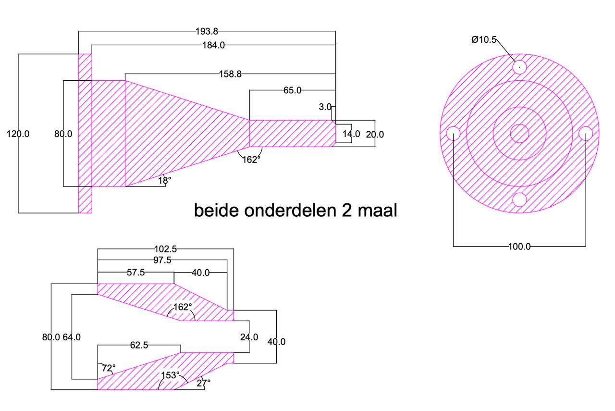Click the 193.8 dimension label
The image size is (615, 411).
tap(207, 32)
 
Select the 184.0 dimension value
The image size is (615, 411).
tap(213, 45)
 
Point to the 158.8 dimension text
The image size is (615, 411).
tap(230, 74)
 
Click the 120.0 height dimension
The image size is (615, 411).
tap(18, 134)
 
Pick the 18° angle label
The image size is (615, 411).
tap(164, 180)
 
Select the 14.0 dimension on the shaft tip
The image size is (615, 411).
tap(351, 134)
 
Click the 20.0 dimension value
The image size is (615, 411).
tap(375, 135)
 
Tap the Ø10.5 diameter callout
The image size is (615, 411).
tap(484, 40)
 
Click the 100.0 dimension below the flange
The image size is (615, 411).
tap(519, 247)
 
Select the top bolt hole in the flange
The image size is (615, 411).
tap(519, 66)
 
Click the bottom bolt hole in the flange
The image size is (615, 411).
tap(519, 199)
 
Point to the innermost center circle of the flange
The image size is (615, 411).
tap(519, 133)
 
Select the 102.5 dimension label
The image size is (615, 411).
tap(166, 249)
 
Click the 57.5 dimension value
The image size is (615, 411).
tap(136, 273)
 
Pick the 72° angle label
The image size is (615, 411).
tap(109, 369)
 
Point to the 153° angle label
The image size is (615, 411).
tap(171, 375)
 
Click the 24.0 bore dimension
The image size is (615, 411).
tap(249, 337)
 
